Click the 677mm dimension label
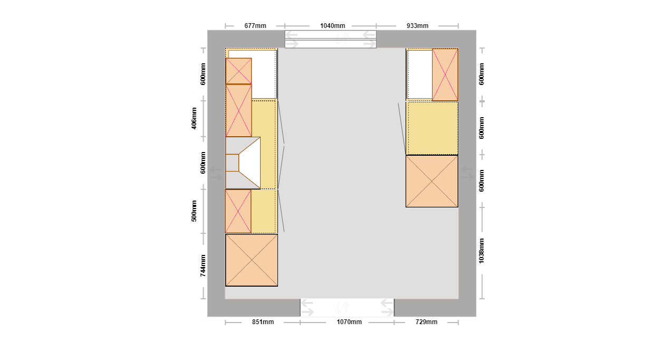coord(255,26)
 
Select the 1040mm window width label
coord(332,26)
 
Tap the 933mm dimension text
coord(417,26)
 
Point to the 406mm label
coord(194,118)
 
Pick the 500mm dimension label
coord(194,211)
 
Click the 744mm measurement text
coord(203,266)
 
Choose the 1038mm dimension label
coord(482,251)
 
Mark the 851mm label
coord(263,322)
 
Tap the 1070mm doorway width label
coord(349,322)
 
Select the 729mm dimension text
coord(426,322)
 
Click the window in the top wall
coord(330,39)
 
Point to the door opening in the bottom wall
coord(347,308)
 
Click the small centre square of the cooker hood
coord(232,163)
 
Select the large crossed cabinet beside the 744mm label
coord(252,260)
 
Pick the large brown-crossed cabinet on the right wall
coord(432,181)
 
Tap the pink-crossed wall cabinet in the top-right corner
coord(445,75)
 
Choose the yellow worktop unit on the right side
coord(432,128)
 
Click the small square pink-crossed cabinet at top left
coord(238,71)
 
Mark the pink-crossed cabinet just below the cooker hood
coord(238,212)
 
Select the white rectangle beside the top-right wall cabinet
coord(420,74)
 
